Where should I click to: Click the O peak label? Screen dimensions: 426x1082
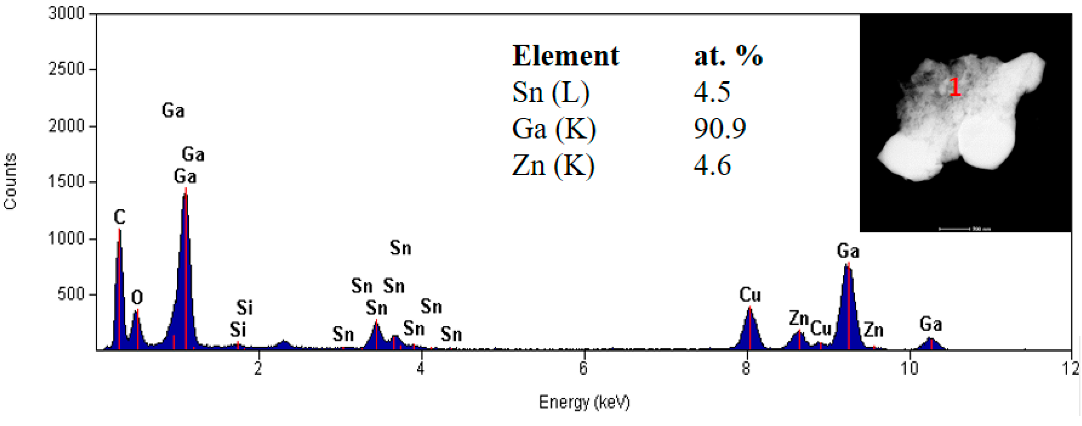137,298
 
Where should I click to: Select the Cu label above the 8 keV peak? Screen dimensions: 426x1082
750,295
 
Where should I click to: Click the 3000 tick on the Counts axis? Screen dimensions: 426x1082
66,14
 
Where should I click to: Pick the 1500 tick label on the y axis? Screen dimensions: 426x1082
66,182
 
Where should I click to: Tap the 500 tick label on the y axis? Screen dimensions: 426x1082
72,294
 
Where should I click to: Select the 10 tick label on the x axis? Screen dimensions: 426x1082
909,368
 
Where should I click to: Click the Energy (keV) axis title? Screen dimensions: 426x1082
584,402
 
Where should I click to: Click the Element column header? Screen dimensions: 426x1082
565,56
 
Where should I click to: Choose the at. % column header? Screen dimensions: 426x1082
728,56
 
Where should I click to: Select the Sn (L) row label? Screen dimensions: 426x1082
551,92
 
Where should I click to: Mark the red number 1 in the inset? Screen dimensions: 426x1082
955,87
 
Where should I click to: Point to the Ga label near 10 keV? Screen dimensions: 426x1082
931,324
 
